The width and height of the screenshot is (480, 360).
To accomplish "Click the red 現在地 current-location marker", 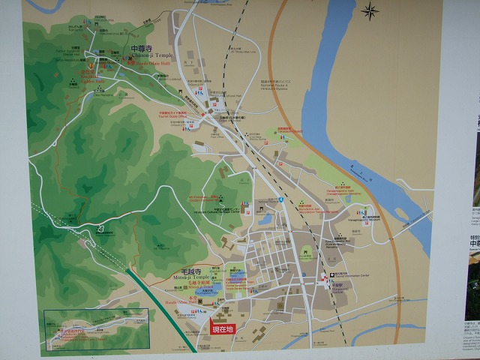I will pos(222,328).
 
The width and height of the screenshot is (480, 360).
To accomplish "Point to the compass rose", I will pos(370,10).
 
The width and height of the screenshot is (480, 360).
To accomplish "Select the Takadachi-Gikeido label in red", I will pos(288,130).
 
